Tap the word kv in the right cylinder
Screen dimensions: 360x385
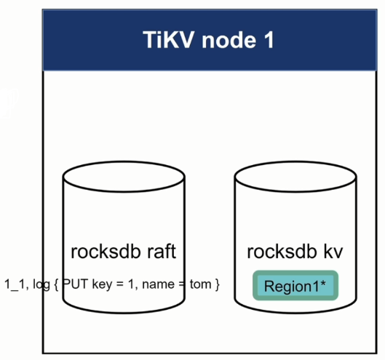[x=333, y=252]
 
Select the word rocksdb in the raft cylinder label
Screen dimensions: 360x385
[x=106, y=252]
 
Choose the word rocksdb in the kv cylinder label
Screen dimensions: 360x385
[x=281, y=252]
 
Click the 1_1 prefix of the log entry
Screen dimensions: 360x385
[x=15, y=284]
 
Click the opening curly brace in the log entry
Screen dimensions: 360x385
[x=57, y=284]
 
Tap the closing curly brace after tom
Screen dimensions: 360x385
[x=216, y=284]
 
